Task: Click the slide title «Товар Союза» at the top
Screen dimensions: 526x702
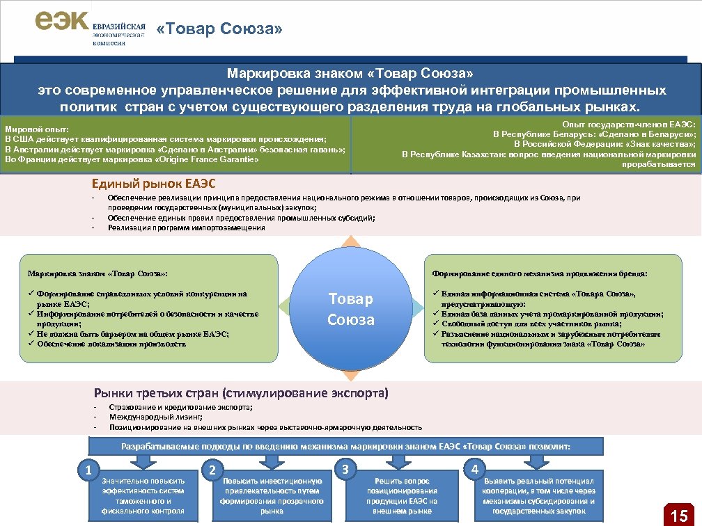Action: click(x=220, y=29)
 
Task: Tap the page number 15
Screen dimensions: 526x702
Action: click(x=679, y=515)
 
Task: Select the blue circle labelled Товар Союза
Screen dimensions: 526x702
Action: click(x=351, y=309)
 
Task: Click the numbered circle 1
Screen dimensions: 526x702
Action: click(x=88, y=470)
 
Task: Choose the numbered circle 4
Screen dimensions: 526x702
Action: click(x=475, y=469)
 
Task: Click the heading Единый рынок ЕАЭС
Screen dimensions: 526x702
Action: click(x=154, y=184)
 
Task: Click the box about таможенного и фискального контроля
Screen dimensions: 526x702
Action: click(x=143, y=495)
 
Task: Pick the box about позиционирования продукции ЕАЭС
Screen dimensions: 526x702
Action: click(x=402, y=495)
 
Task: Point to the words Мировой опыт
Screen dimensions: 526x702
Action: click(x=36, y=129)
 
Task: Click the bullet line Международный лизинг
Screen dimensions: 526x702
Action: click(x=156, y=417)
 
